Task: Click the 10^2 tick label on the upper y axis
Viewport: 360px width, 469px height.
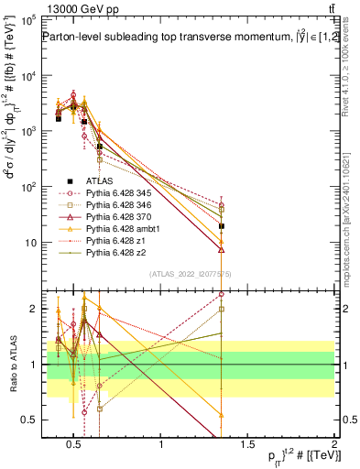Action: [x=28, y=187]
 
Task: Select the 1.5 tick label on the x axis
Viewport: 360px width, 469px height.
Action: [x=247, y=445]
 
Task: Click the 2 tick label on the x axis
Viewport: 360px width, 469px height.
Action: [x=333, y=445]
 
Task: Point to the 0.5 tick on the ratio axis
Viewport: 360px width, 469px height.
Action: [x=30, y=420]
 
